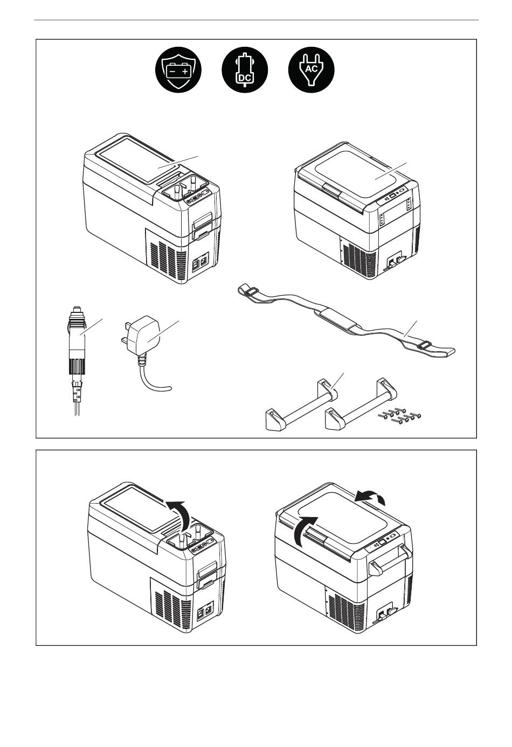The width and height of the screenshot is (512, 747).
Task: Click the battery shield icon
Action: [x=178, y=70]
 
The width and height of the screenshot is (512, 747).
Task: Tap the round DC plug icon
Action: [x=245, y=70]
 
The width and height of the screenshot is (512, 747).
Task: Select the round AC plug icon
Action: [x=311, y=70]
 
